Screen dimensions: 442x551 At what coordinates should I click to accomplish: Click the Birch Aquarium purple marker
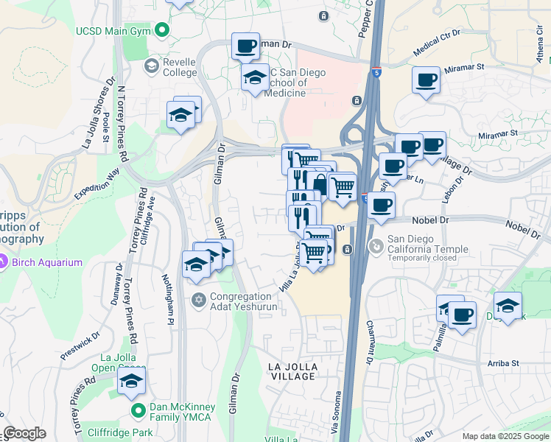pyautogui.click(x=4, y=260)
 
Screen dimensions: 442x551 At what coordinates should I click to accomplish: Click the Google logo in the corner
pyautogui.click(x=24, y=433)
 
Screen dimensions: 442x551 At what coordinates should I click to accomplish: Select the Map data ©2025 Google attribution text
pyautogui.click(x=505, y=436)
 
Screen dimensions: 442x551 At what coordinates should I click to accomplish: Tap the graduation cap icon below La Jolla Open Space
pyautogui.click(x=131, y=381)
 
